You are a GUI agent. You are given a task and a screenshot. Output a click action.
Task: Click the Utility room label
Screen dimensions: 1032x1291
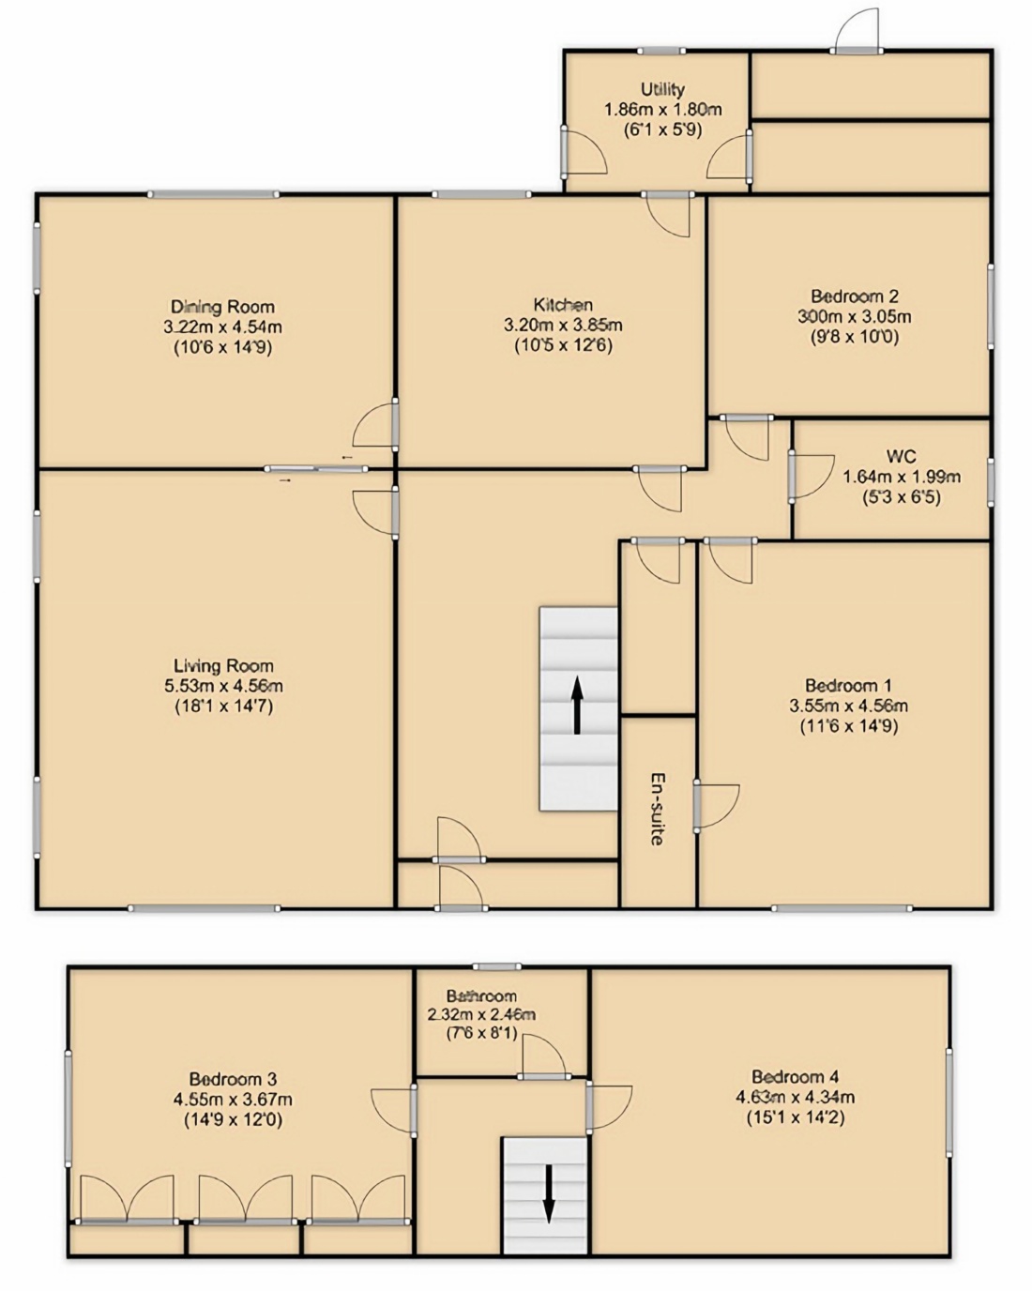click(662, 89)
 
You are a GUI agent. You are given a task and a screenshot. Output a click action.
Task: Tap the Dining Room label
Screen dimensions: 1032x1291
click(222, 307)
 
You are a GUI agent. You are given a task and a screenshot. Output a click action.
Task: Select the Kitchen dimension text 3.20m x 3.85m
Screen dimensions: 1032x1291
click(563, 326)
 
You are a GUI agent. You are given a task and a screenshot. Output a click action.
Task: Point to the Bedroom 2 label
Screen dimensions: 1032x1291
click(855, 296)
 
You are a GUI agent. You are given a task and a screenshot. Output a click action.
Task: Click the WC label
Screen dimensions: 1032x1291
click(902, 457)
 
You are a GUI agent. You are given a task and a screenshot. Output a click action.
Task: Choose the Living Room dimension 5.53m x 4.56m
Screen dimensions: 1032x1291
click(224, 686)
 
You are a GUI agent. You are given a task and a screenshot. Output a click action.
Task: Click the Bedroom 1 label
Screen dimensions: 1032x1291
click(848, 685)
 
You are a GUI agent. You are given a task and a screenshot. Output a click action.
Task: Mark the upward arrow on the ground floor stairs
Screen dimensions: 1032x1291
click(577, 705)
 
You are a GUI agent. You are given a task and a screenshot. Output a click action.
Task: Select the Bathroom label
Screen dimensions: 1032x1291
click(481, 995)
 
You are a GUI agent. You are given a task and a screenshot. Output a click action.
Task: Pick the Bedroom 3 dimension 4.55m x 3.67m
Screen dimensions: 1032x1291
click(233, 1100)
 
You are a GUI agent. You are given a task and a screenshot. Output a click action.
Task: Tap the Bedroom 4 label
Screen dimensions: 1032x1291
click(795, 1076)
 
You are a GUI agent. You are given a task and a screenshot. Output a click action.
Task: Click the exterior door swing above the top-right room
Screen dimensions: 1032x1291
click(859, 30)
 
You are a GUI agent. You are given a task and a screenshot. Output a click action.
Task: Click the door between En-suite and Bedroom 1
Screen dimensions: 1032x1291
click(718, 806)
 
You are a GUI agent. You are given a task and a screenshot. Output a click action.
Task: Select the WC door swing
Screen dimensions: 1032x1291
click(812, 477)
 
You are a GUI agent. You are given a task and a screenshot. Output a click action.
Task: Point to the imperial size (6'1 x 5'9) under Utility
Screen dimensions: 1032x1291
click(662, 129)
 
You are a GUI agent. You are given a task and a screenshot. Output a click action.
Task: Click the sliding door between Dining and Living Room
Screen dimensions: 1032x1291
click(317, 469)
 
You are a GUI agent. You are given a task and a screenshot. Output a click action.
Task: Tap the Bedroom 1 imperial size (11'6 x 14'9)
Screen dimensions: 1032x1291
click(848, 726)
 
